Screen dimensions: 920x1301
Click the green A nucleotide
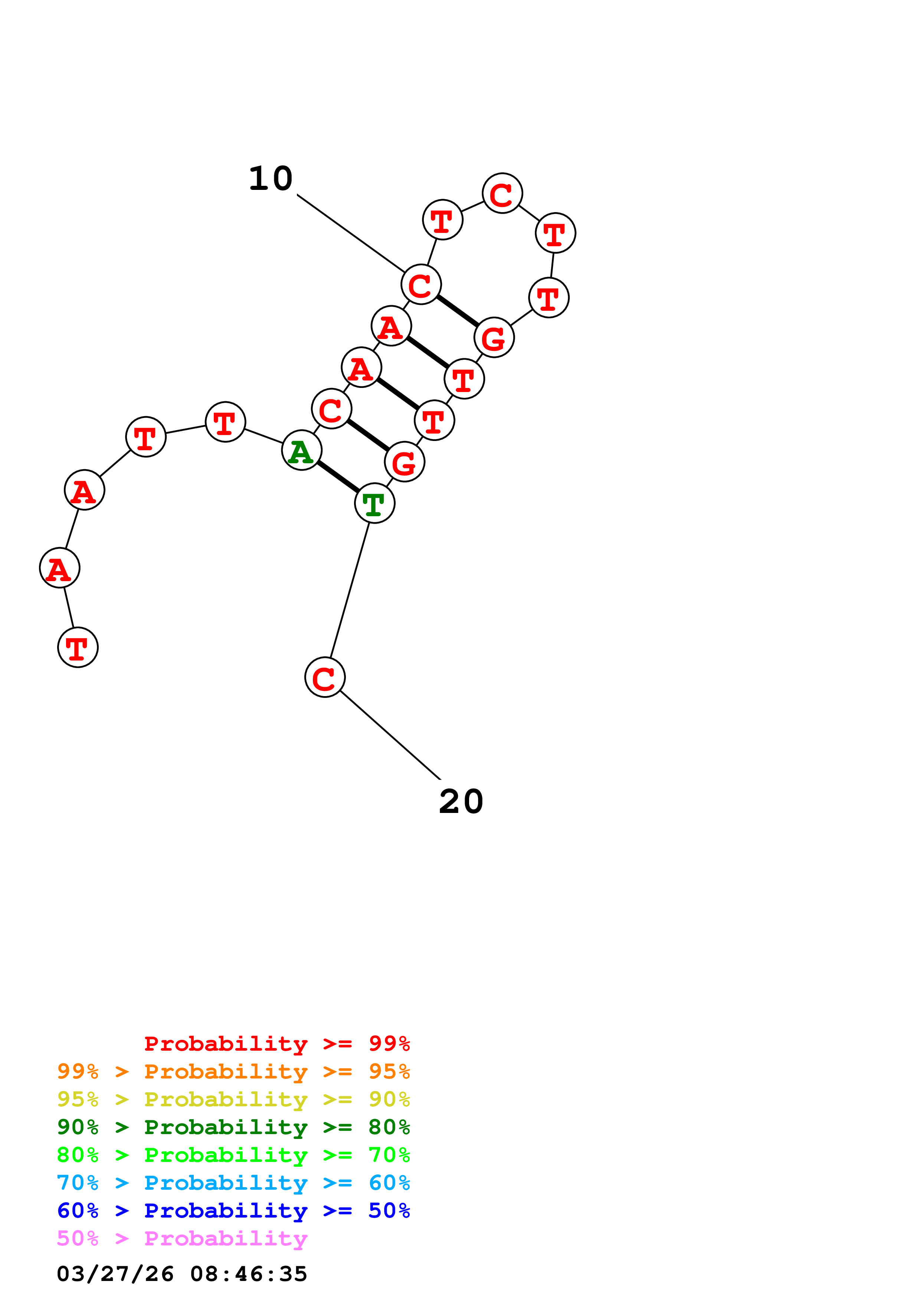(302, 451)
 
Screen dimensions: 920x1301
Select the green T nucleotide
(375, 503)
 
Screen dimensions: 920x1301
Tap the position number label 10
(271, 179)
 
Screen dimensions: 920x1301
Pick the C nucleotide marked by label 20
(325, 677)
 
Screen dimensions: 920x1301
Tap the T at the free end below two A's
(78, 647)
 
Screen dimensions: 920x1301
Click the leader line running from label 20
(390, 735)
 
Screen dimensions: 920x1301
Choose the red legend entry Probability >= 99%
(276, 1044)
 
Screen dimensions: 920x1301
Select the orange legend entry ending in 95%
(233, 1071)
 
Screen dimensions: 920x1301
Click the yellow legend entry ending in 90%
(233, 1099)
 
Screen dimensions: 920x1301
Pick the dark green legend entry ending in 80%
(233, 1127)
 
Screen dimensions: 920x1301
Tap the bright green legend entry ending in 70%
(233, 1155)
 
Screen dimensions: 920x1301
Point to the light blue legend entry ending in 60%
(233, 1183)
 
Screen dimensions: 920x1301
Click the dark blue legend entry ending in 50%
(233, 1211)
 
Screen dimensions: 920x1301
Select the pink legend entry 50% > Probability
(182, 1238)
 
